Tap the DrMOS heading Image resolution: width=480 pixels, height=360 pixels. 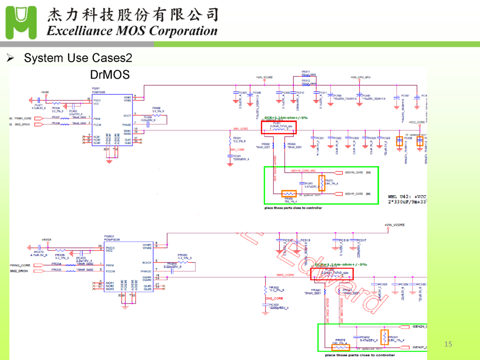click(x=110, y=75)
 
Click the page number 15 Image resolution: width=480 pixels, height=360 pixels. click(x=448, y=344)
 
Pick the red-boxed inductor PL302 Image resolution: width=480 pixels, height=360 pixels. click(x=332, y=274)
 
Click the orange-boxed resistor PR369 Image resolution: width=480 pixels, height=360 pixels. click(x=289, y=194)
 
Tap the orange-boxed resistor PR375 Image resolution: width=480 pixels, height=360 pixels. click(x=340, y=348)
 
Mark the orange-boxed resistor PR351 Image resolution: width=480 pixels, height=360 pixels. click(x=384, y=337)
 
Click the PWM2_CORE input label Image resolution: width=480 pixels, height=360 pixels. click(x=20, y=265)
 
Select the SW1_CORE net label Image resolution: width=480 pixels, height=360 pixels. click(x=241, y=128)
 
